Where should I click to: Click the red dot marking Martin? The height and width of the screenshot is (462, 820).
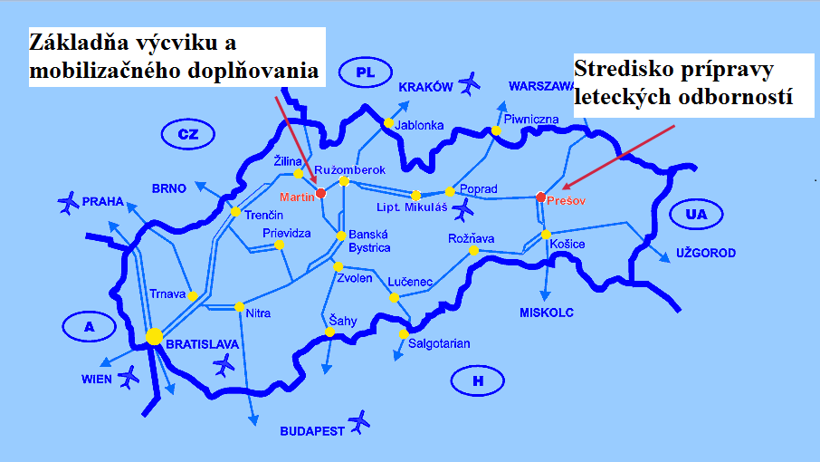click(320, 192)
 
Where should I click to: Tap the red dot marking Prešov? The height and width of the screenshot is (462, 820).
click(540, 197)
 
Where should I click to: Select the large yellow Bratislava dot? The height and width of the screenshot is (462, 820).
click(155, 337)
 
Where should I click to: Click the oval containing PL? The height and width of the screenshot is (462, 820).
click(365, 72)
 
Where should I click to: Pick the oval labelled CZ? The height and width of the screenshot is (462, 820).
click(187, 135)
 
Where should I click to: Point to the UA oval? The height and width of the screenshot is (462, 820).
click(695, 215)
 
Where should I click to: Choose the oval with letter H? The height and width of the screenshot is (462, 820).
click(477, 380)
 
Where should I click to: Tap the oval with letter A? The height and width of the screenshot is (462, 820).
click(89, 327)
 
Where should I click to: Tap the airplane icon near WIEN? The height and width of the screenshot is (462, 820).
click(129, 375)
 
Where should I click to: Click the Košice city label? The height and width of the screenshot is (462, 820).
click(567, 245)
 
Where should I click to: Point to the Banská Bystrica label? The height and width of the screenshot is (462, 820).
click(369, 241)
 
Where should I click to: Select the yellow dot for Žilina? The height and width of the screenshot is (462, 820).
click(298, 174)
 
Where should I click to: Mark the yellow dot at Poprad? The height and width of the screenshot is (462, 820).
click(450, 191)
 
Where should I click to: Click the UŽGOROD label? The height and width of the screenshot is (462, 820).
click(705, 254)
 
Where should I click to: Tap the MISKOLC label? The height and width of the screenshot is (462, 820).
click(547, 313)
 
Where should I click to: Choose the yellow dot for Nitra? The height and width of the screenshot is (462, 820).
click(239, 306)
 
